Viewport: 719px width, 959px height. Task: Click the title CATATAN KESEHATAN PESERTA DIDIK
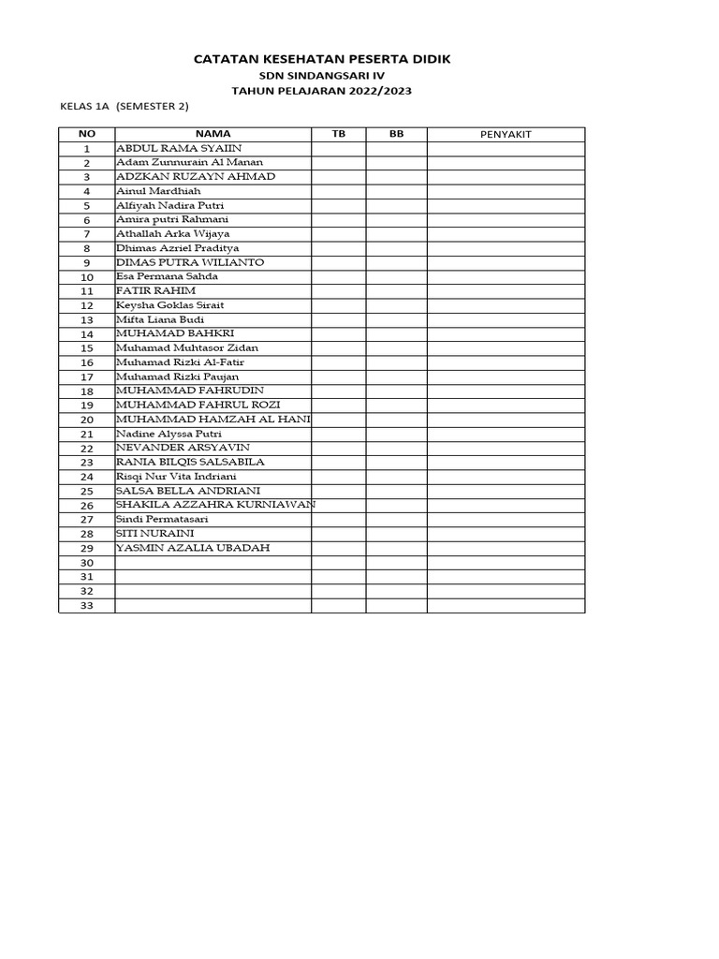(x=321, y=59)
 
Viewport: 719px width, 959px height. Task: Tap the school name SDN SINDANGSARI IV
(x=321, y=75)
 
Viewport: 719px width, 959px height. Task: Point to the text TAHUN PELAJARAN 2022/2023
(x=321, y=90)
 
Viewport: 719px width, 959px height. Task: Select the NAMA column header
(x=213, y=134)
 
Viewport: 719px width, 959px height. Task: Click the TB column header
(x=338, y=134)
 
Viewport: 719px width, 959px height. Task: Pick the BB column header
(x=396, y=134)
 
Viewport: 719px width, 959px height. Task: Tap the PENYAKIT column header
(x=506, y=135)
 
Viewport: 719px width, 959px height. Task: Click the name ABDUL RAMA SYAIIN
(x=178, y=148)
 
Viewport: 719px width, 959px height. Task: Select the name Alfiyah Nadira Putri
(x=169, y=205)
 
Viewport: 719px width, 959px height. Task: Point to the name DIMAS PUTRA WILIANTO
(x=189, y=262)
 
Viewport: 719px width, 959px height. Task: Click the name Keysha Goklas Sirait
(x=169, y=305)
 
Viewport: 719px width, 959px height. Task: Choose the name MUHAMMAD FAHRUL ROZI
(x=198, y=405)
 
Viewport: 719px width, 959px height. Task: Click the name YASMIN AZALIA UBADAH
(x=192, y=548)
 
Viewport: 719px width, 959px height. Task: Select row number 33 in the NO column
(x=87, y=606)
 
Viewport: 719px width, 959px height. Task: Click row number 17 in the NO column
(x=87, y=376)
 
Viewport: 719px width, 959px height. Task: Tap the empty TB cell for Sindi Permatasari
(x=338, y=520)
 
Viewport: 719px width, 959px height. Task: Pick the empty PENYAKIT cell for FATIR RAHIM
(x=506, y=291)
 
